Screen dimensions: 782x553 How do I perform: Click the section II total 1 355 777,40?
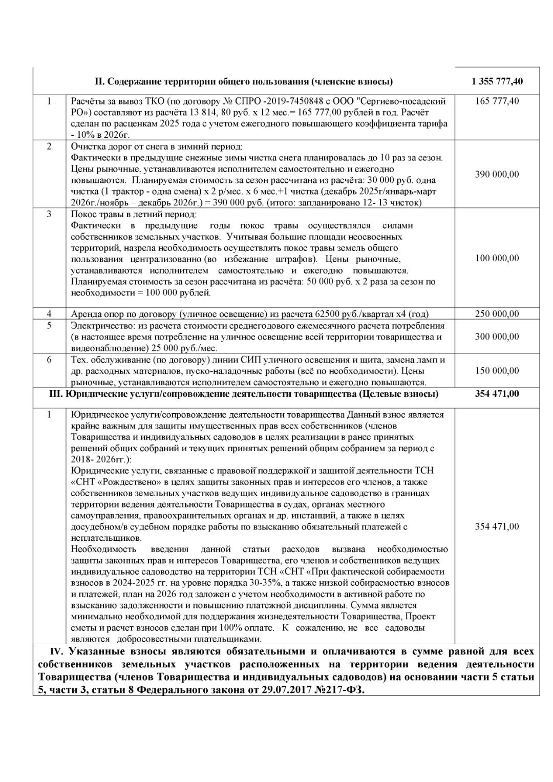coord(497,81)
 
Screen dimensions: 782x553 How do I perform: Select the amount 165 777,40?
coord(497,101)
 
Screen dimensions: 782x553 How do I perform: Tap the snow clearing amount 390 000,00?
coord(497,175)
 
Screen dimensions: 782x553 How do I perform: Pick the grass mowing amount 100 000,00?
coord(497,258)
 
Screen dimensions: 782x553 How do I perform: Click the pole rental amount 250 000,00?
coord(497,314)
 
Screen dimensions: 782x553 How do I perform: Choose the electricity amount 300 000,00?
coord(497,336)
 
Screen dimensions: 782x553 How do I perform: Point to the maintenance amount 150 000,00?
coord(497,371)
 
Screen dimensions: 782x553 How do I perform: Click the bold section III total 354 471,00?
coord(497,393)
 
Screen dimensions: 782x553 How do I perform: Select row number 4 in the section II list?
coord(49,313)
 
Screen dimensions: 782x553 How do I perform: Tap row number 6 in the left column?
coord(49,360)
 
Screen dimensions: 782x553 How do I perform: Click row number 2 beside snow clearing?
coord(49,146)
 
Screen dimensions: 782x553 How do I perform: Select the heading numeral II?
coord(100,81)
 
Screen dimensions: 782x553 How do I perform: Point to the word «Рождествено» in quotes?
coord(130,482)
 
